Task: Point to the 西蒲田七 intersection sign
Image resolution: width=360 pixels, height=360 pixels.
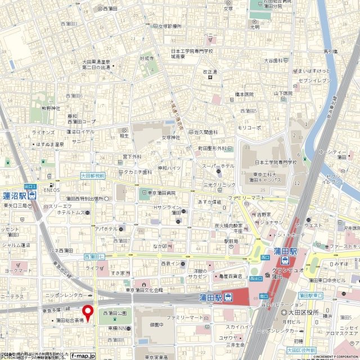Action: coord(94,256)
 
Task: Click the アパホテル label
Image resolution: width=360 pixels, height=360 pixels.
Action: coord(106,229)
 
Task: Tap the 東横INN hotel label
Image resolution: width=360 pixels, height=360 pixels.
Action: coord(119,328)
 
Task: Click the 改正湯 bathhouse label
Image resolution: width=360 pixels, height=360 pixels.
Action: coord(210,72)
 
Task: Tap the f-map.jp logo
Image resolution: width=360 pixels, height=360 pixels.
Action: coord(83,355)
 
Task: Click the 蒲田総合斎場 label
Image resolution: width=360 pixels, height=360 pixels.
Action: coord(70,320)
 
